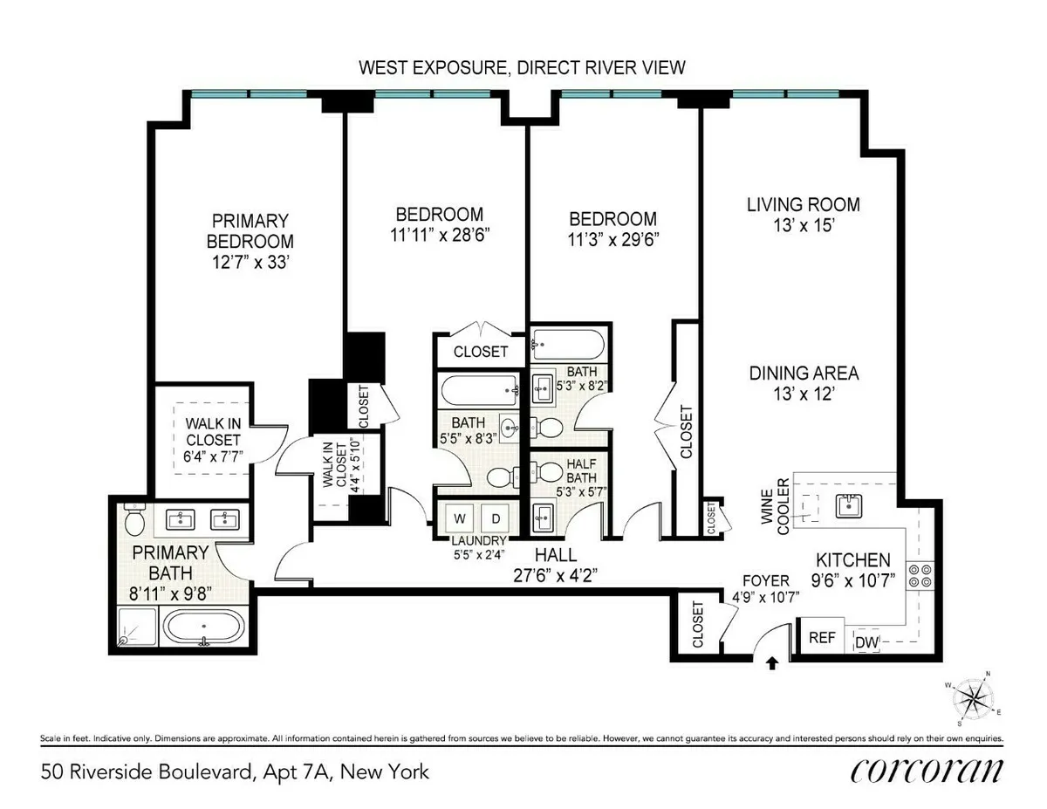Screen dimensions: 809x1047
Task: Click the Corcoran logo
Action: (926, 771)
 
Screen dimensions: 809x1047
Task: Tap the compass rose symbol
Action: (974, 698)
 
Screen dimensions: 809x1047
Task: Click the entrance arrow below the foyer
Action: (771, 663)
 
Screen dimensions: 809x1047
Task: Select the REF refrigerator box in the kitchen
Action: (822, 638)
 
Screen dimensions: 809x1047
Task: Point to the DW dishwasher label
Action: (866, 643)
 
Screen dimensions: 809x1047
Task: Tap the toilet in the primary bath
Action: (133, 521)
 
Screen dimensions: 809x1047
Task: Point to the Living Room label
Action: (803, 205)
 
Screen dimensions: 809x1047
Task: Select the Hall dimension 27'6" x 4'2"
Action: (555, 575)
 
